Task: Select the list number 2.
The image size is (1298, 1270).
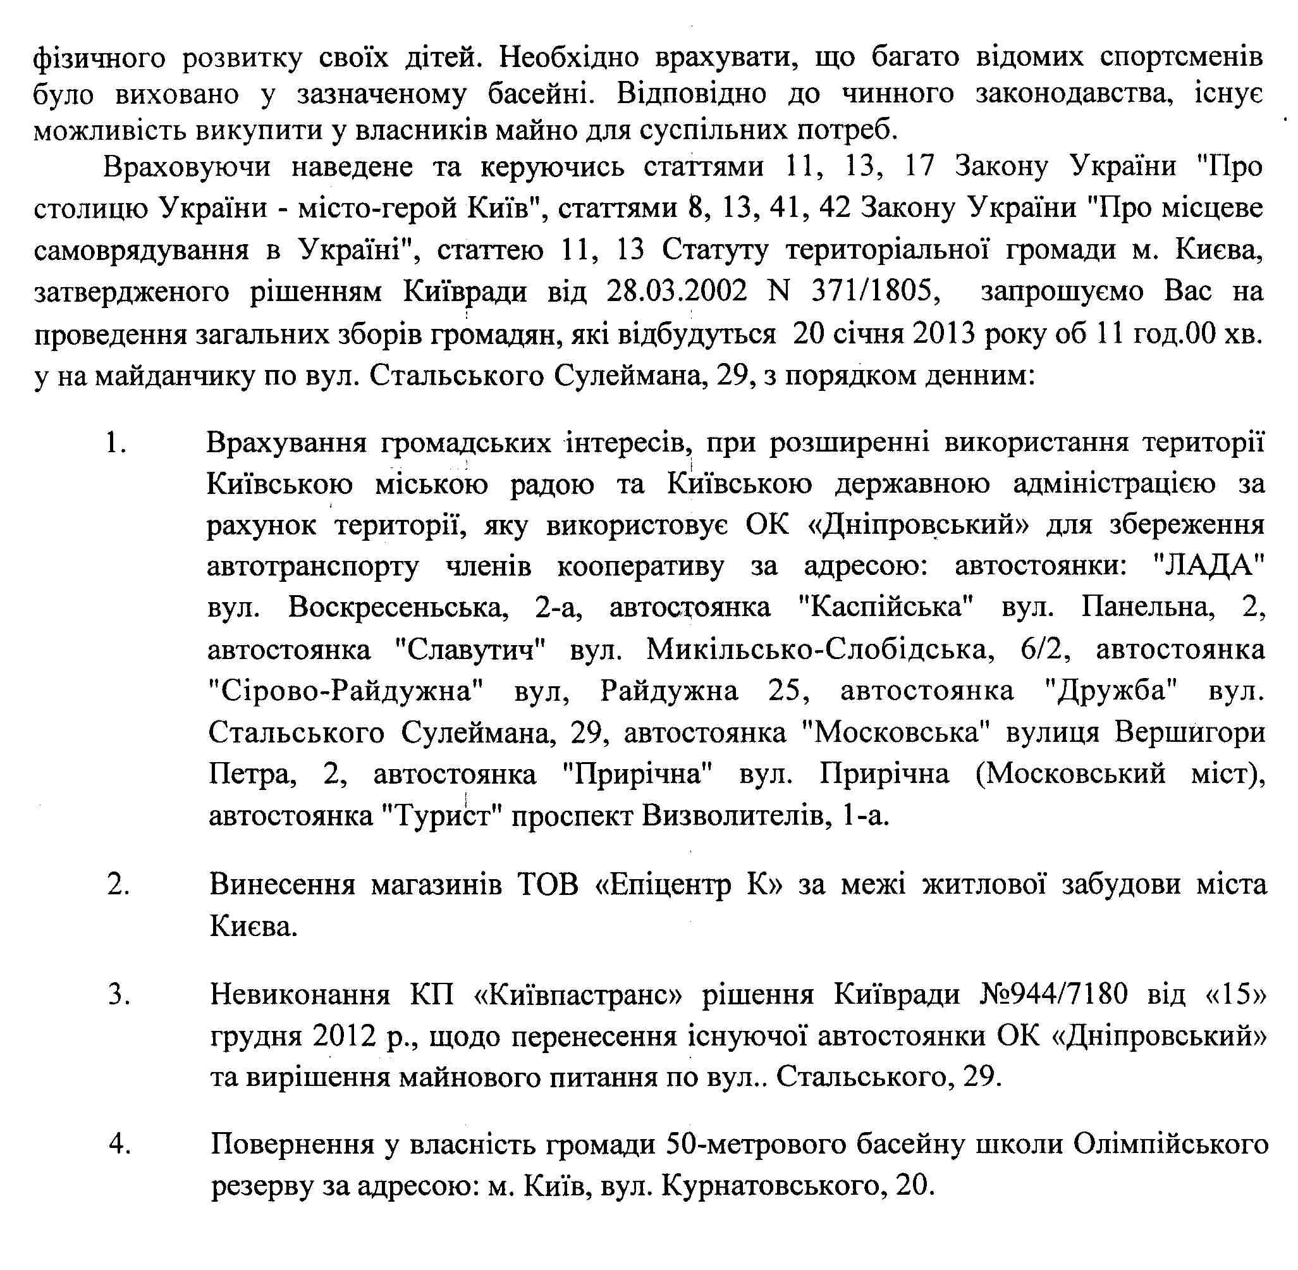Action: [x=118, y=885]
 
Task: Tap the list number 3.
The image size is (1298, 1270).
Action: [x=119, y=994]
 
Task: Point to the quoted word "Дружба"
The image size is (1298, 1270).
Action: [x=1110, y=691]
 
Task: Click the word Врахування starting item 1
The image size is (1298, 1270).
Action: [x=286, y=443]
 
